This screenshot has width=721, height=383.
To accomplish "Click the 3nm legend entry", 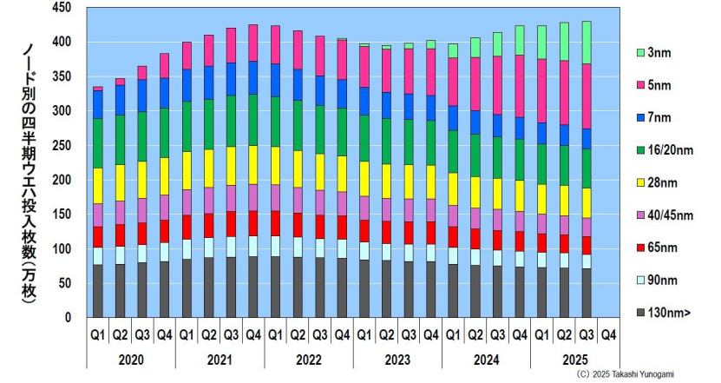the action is point(653,53).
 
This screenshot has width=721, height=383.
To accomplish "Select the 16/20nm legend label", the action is point(671,150).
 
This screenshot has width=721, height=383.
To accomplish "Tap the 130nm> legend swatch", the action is point(640,313).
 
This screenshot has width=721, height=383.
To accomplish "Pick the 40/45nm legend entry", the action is point(665,215).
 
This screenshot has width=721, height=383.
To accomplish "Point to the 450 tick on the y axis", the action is point(62,8).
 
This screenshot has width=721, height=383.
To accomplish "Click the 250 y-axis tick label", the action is point(62,145).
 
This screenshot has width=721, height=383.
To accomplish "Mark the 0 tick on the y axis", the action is point(68,318).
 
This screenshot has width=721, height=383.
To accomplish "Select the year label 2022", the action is point(309,360).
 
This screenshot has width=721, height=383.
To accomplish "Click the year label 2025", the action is point(575,360).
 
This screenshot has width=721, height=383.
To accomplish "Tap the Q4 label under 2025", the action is point(608,335).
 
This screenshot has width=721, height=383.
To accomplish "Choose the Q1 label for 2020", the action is point(97,335).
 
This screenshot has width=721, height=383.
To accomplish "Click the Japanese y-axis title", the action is point(29,174).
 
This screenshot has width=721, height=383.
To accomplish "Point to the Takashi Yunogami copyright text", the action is point(625,374).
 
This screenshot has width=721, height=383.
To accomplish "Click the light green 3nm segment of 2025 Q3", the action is point(587,43).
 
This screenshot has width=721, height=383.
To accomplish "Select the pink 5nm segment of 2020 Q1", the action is point(97,89).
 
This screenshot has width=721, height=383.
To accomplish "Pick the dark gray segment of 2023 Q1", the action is point(364,288).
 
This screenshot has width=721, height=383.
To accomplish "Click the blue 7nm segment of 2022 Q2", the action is point(298,85).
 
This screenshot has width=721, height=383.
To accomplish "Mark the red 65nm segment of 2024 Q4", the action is point(520,241).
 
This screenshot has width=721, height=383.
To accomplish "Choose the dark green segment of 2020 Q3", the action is point(142,136).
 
